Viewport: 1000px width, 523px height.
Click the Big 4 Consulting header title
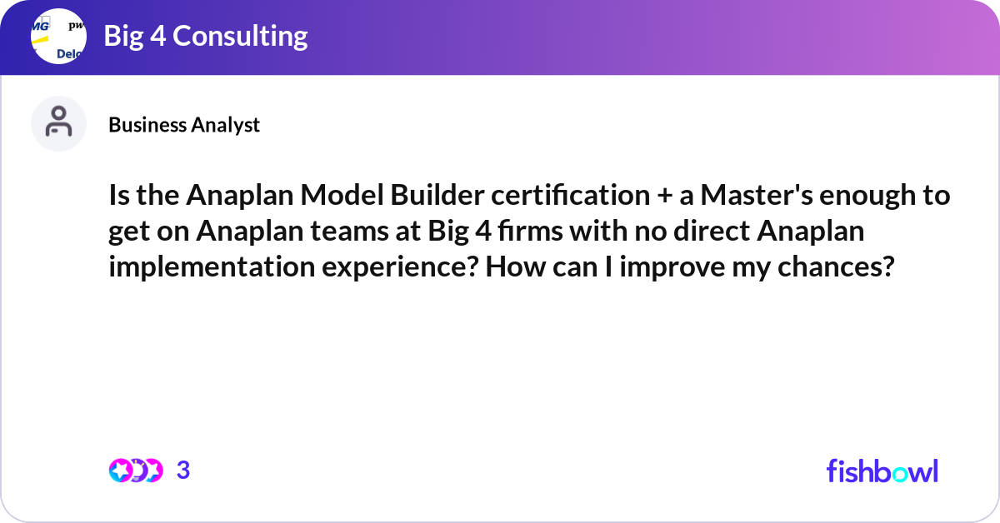point(206,36)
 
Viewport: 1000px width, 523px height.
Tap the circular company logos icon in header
point(59,37)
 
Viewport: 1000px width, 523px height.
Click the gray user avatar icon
point(58,123)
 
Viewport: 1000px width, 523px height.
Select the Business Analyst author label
point(184,125)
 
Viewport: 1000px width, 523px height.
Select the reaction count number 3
point(183,471)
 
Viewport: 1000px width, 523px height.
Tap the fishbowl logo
point(882,471)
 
